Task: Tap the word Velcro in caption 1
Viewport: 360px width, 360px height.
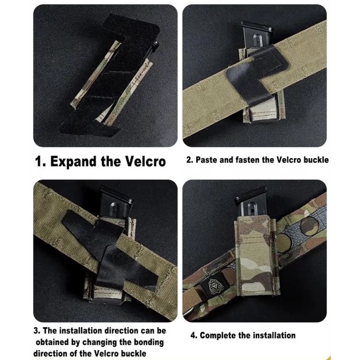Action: pos(146,161)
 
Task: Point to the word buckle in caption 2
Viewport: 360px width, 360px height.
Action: pos(316,160)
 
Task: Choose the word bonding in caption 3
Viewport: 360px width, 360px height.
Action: pos(149,343)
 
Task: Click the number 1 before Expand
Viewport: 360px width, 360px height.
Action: pos(38,161)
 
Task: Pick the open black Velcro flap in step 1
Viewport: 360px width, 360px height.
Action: pos(110,76)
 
